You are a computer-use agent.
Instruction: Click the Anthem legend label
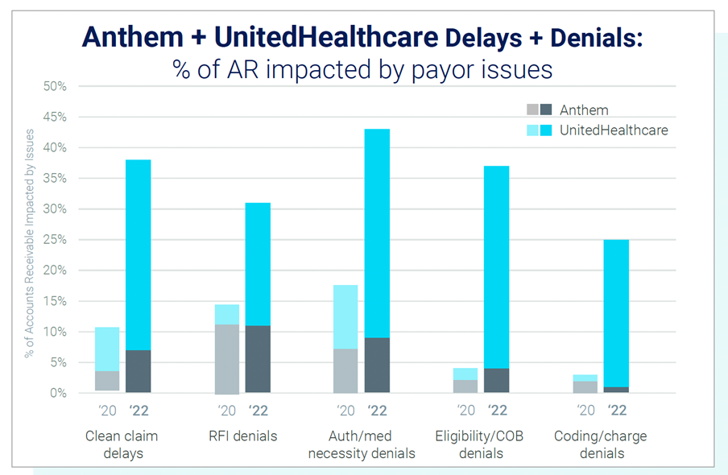[x=584, y=110]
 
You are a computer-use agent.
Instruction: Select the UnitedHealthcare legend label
[x=614, y=130]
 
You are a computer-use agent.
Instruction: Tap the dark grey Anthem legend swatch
[x=546, y=110]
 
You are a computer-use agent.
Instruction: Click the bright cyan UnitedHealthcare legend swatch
[x=546, y=130]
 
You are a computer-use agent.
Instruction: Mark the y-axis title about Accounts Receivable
[x=30, y=242]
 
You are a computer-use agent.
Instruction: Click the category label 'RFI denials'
[x=242, y=436]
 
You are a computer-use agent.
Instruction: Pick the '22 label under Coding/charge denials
[x=616, y=411]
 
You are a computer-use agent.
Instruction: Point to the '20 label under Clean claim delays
[x=107, y=411]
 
